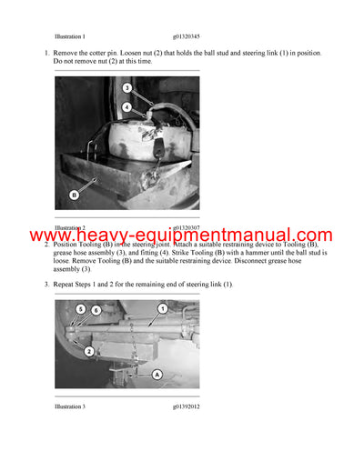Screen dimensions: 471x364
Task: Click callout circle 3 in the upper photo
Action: pos(127,88)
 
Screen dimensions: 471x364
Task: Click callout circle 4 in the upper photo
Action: pos(127,107)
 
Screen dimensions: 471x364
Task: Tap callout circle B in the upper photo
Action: pos(76,194)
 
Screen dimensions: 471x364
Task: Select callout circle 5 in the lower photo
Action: pos(80,309)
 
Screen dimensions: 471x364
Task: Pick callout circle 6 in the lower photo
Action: pos(96,310)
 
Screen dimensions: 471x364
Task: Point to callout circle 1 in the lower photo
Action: pos(163,309)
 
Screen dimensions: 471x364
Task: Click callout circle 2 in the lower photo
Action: pos(89,350)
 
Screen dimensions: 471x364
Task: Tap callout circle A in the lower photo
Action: pos(157,374)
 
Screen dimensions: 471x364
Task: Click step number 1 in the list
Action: pos(46,55)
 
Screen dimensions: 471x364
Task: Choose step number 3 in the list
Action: pos(46,285)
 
